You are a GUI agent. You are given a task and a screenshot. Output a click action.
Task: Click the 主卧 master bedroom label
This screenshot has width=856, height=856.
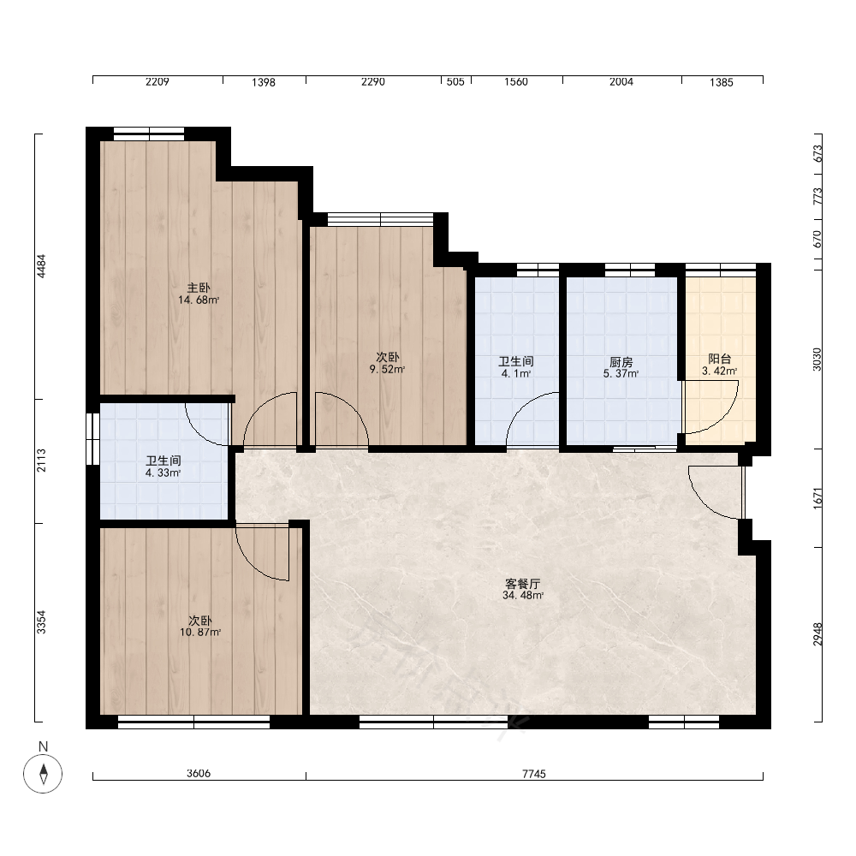pos(199,288)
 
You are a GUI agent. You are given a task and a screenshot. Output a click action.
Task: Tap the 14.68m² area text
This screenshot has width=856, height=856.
pos(199,300)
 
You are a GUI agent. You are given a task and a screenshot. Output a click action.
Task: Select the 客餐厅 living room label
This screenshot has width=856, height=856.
pos(522,584)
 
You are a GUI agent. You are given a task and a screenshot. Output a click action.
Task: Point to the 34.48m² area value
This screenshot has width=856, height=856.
pos(522,595)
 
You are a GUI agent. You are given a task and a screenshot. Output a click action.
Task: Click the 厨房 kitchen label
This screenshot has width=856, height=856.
pos(621,362)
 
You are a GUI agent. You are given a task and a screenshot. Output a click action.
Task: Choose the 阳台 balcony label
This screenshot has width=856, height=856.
pos(720,359)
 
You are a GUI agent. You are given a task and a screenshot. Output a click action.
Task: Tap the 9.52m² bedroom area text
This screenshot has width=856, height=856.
pos(387,369)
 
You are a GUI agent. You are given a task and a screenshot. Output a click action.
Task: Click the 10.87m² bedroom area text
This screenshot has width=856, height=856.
pos(200,633)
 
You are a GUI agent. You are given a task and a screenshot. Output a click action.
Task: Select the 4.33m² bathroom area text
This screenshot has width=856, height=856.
pos(163,473)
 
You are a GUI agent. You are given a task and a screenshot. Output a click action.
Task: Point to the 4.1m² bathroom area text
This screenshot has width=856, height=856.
pos(516,373)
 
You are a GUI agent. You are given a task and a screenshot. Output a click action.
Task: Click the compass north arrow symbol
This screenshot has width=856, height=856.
pos(43,774)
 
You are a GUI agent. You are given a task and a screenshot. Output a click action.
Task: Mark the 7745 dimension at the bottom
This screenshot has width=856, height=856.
pos(534,774)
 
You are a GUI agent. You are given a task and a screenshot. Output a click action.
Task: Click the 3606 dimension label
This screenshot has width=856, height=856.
pos(199,773)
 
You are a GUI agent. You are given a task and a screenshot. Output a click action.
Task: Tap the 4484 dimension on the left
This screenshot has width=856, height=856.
pos(41,266)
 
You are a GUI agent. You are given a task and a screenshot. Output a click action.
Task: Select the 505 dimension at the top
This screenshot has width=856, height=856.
pos(455,82)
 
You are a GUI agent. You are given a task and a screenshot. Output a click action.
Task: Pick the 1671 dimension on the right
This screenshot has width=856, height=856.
pos(817,498)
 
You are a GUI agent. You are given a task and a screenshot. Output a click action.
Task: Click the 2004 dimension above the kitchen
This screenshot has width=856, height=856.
pos(621,82)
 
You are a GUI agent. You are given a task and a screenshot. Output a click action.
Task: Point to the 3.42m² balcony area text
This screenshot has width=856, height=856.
pos(720,371)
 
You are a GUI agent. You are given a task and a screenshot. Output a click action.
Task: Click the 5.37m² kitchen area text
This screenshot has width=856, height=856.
pos(621,373)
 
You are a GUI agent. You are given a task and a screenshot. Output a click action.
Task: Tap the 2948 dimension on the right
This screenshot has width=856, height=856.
pos(817,633)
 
